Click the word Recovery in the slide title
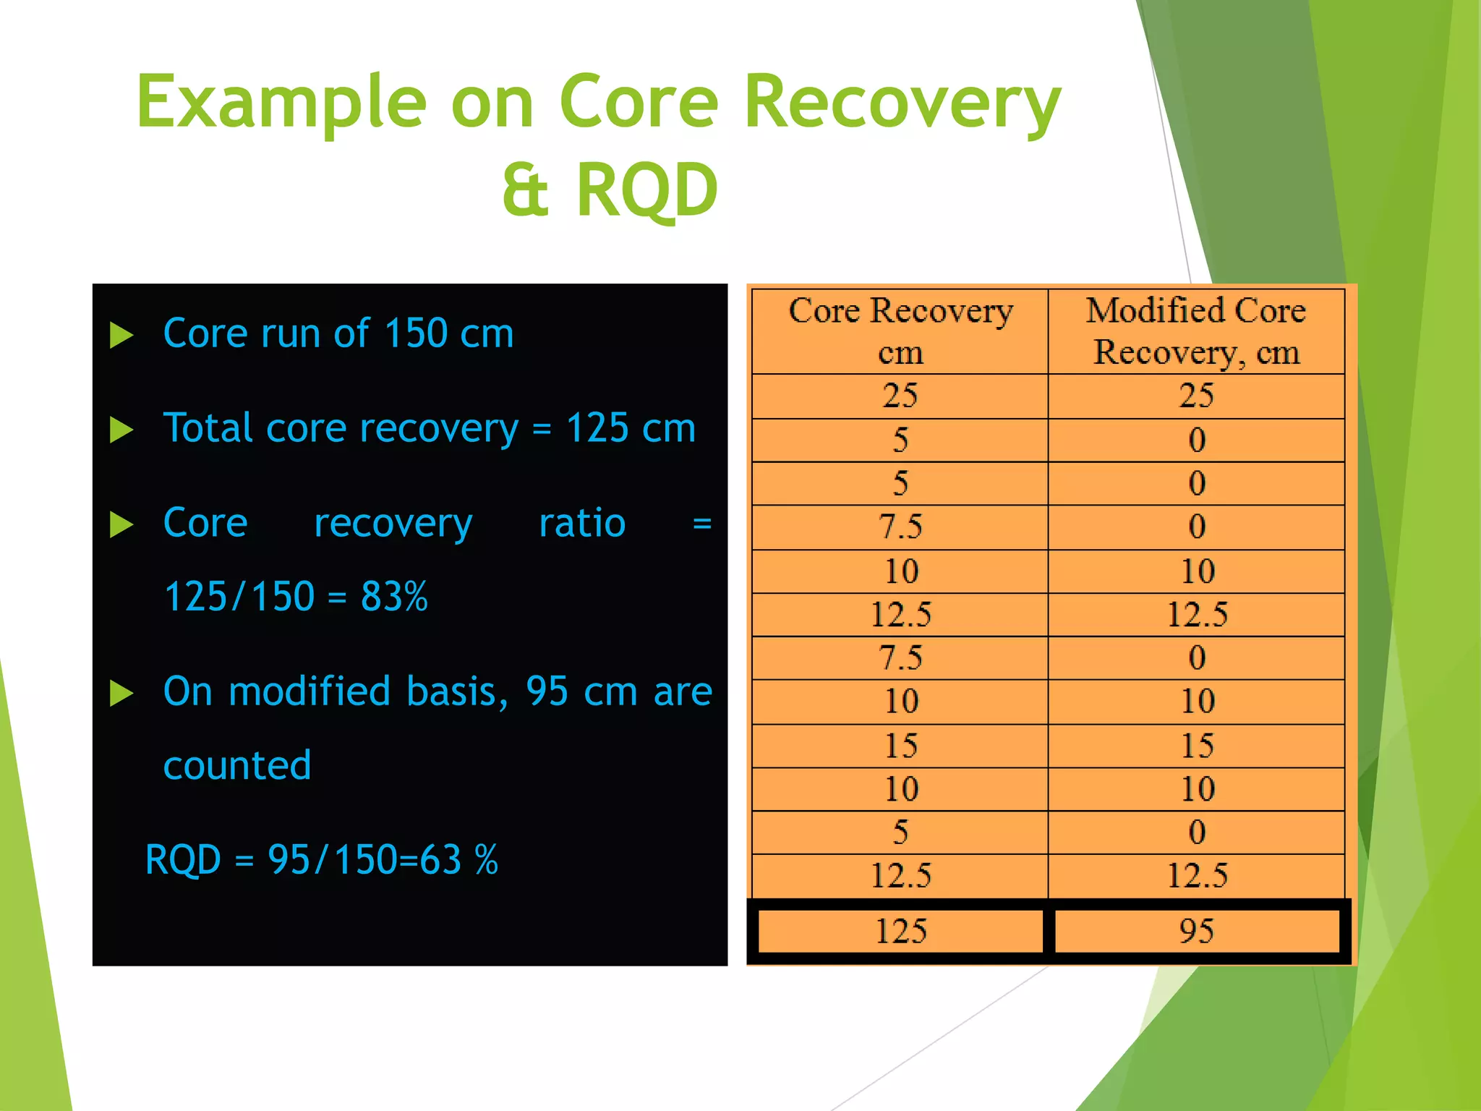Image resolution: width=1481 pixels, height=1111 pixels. point(902,103)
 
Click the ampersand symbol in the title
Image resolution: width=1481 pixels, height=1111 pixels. point(526,190)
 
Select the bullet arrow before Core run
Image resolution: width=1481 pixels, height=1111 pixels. point(121,335)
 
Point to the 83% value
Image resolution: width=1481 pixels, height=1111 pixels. point(394,597)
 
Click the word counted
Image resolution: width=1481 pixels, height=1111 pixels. point(237,765)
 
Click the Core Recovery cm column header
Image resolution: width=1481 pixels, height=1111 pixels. point(900,331)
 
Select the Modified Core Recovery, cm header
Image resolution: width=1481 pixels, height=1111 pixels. point(1196,331)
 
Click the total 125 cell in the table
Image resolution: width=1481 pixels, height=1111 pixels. point(900,931)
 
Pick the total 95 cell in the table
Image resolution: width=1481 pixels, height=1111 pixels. point(1196,931)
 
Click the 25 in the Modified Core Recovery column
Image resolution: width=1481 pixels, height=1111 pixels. point(1196,396)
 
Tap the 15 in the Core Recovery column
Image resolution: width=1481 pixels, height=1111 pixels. point(900,746)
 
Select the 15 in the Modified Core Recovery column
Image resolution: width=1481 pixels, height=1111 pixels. point(1197,746)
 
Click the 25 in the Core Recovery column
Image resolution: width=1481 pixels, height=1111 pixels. point(900,396)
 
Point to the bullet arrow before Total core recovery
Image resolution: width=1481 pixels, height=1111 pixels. point(121,430)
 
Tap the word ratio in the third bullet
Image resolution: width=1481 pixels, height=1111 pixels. point(582,523)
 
